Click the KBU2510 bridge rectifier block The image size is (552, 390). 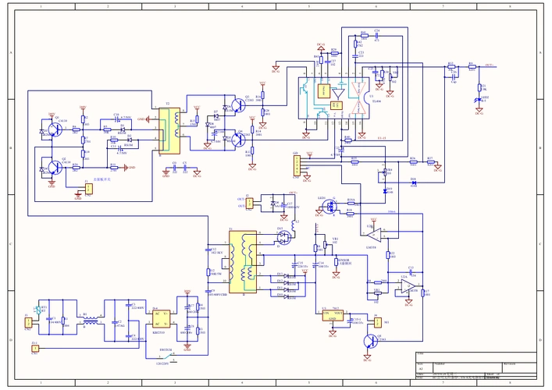[162, 318]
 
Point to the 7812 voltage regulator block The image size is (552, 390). [332, 314]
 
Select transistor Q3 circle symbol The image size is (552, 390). [238, 106]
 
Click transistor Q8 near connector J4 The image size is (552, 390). [376, 339]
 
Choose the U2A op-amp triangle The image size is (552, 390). [376, 233]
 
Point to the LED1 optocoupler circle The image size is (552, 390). [330, 207]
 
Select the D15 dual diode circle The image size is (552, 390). [287, 235]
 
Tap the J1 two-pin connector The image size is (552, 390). [88, 188]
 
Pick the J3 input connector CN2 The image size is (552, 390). [28, 321]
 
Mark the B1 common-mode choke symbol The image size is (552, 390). [91, 320]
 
